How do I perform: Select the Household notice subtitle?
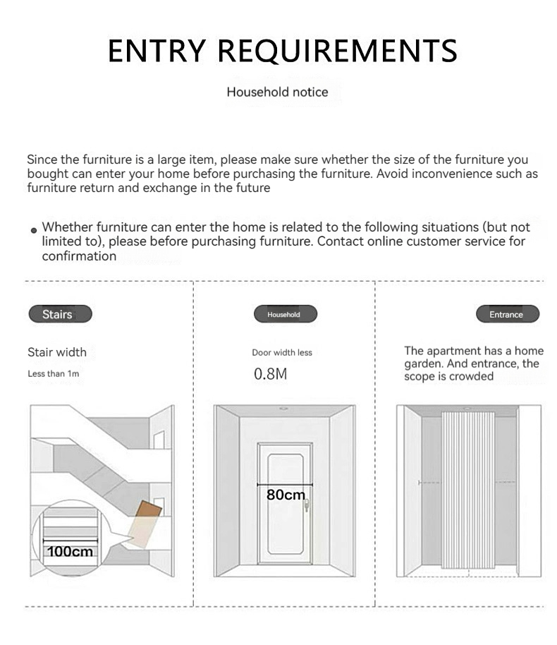point(277,92)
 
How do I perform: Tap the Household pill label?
point(283,315)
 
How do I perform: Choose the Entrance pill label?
point(506,315)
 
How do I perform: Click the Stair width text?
point(57,352)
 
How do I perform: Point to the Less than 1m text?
point(54,373)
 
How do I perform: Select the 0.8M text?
point(270,374)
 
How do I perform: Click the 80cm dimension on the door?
point(286,495)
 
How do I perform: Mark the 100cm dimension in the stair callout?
point(70,551)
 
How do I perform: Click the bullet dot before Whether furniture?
point(34,231)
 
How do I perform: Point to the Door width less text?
point(282,352)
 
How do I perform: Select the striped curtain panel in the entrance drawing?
point(468,487)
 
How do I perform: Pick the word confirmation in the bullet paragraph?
point(79,256)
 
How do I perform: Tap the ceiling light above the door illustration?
point(283,409)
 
